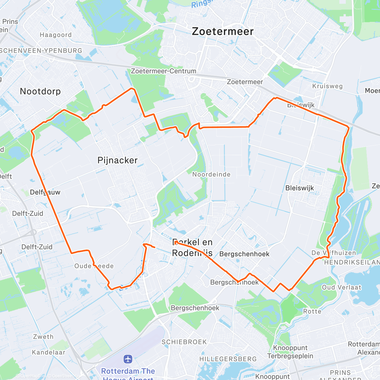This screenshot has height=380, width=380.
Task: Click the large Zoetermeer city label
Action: pyautogui.click(x=223, y=31)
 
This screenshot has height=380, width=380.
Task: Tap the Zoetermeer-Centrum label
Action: pyautogui.click(x=164, y=71)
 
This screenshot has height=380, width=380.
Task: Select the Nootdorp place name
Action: pyautogui.click(x=40, y=92)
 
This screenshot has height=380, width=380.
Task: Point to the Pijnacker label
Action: pyautogui.click(x=117, y=160)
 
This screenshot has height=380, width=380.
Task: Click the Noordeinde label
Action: pyautogui.click(x=211, y=174)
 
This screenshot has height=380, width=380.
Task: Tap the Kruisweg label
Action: pyautogui.click(x=327, y=86)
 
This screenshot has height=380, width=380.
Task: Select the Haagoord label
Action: pyautogui.click(x=56, y=35)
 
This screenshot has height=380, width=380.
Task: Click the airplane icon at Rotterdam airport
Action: pyautogui.click(x=128, y=359)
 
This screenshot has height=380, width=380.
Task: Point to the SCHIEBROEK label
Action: pyautogui.click(x=184, y=342)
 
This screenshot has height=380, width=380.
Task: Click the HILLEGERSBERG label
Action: pyautogui.click(x=228, y=359)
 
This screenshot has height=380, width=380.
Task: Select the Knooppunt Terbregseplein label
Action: pyautogui.click(x=290, y=352)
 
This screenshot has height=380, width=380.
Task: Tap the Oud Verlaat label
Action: pyautogui.click(x=341, y=287)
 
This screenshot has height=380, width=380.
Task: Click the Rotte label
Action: pyautogui.click(x=312, y=312)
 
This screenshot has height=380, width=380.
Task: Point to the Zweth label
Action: pyautogui.click(x=43, y=337)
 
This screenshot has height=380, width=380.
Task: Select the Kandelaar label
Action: pyautogui.click(x=48, y=352)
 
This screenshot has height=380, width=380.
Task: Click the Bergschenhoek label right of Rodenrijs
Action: pyautogui.click(x=244, y=254)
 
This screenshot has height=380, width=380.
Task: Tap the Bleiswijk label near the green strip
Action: pyautogui.click(x=300, y=188)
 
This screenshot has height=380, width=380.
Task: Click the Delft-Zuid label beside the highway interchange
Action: pyautogui.click(x=37, y=247)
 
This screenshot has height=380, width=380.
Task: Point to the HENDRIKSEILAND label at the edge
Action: pyautogui.click(x=351, y=262)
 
